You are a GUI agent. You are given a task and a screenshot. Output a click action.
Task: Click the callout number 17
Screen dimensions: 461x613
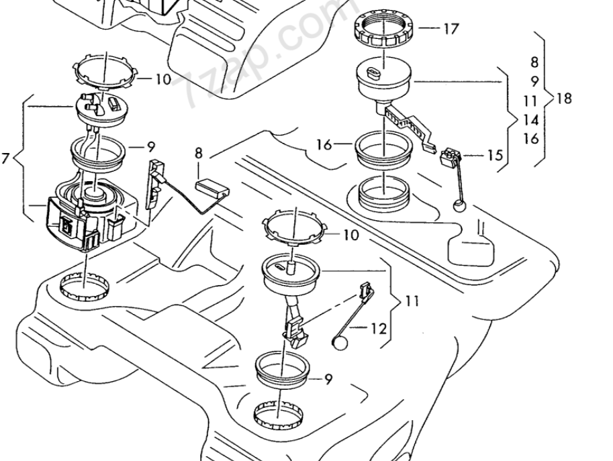point(451,29)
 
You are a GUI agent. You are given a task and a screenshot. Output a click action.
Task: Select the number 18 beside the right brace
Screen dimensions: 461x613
point(564,98)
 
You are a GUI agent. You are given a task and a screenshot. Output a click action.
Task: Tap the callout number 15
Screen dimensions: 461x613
point(495,156)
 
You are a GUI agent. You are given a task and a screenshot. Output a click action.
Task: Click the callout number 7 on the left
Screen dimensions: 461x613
point(5,159)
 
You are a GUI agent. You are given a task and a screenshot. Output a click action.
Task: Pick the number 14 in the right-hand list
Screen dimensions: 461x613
point(531,121)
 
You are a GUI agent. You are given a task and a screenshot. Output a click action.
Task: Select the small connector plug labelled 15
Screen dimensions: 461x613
point(447,158)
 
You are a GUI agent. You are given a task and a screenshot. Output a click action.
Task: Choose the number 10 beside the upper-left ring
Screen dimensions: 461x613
point(163,79)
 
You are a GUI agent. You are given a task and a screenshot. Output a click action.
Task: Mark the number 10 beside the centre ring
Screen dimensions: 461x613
point(350,235)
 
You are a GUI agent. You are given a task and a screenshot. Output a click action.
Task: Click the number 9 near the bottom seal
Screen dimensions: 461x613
point(328,379)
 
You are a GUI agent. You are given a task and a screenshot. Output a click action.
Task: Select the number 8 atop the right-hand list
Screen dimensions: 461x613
point(534,62)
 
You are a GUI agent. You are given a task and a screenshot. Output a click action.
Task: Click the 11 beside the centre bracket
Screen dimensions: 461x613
point(412,301)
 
